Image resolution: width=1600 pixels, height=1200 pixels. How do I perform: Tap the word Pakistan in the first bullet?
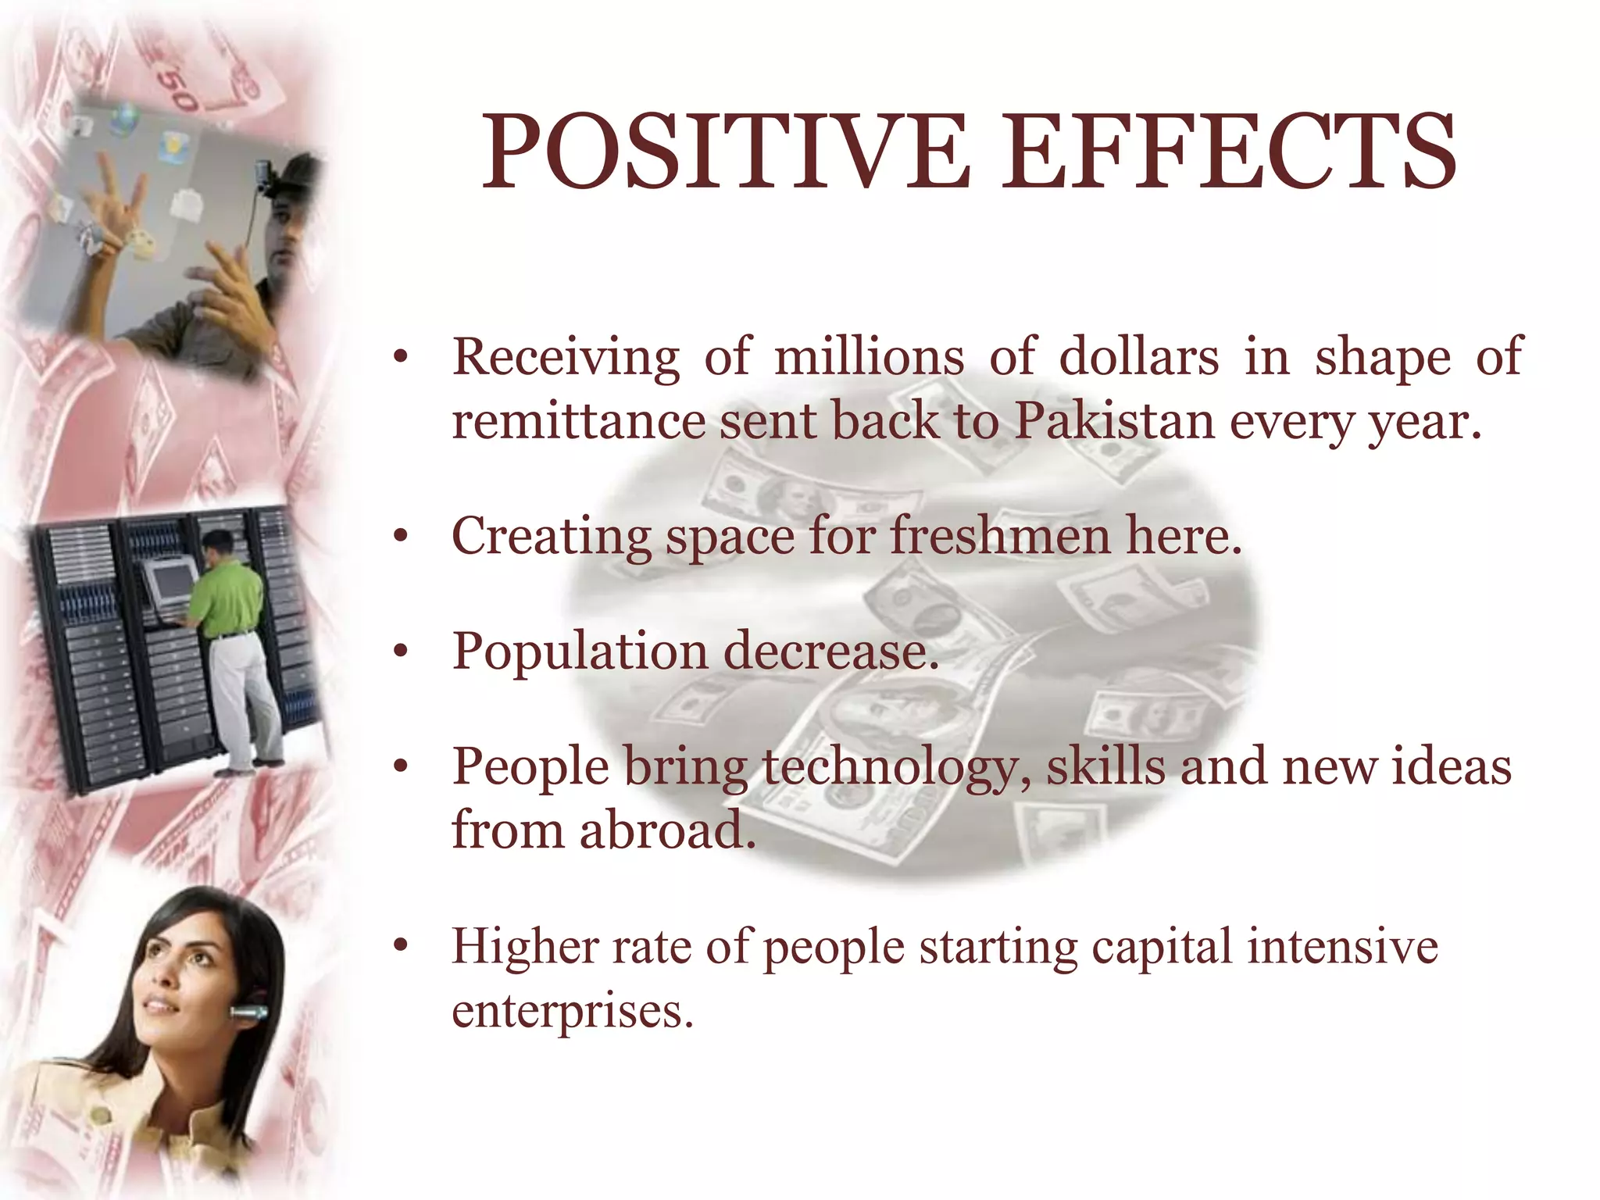click(x=1114, y=421)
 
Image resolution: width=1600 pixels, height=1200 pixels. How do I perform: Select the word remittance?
click(x=578, y=421)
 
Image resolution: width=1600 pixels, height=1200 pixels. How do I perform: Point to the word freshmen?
click(x=1000, y=537)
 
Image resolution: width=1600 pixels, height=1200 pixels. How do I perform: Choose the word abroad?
click(x=667, y=830)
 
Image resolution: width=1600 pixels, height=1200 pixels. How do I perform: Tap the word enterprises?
click(x=572, y=1011)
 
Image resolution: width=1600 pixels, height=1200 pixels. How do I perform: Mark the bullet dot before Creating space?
click(x=401, y=537)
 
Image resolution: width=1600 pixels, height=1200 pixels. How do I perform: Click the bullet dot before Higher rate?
click(x=401, y=947)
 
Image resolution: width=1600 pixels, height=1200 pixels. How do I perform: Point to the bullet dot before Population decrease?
click(x=401, y=652)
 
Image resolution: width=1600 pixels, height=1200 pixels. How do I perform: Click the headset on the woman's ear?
click(x=248, y=1014)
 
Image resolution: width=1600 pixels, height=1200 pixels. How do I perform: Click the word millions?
click(x=869, y=357)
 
